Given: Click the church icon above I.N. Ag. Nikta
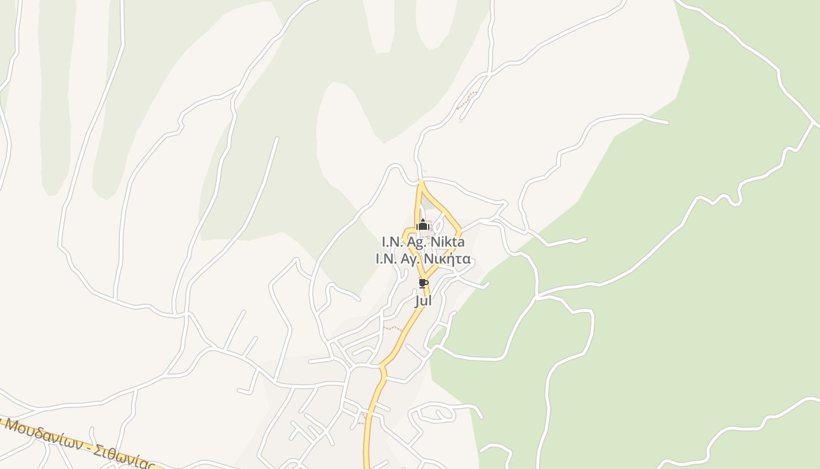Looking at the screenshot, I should coord(423,225).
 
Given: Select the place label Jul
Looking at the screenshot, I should coord(423,301).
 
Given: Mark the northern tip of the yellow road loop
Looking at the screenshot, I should coord(421,182).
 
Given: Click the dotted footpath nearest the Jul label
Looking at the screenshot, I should coord(392,328).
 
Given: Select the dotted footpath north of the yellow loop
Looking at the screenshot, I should coord(467,100).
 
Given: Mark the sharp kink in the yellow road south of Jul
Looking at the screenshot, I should coord(382,368).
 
